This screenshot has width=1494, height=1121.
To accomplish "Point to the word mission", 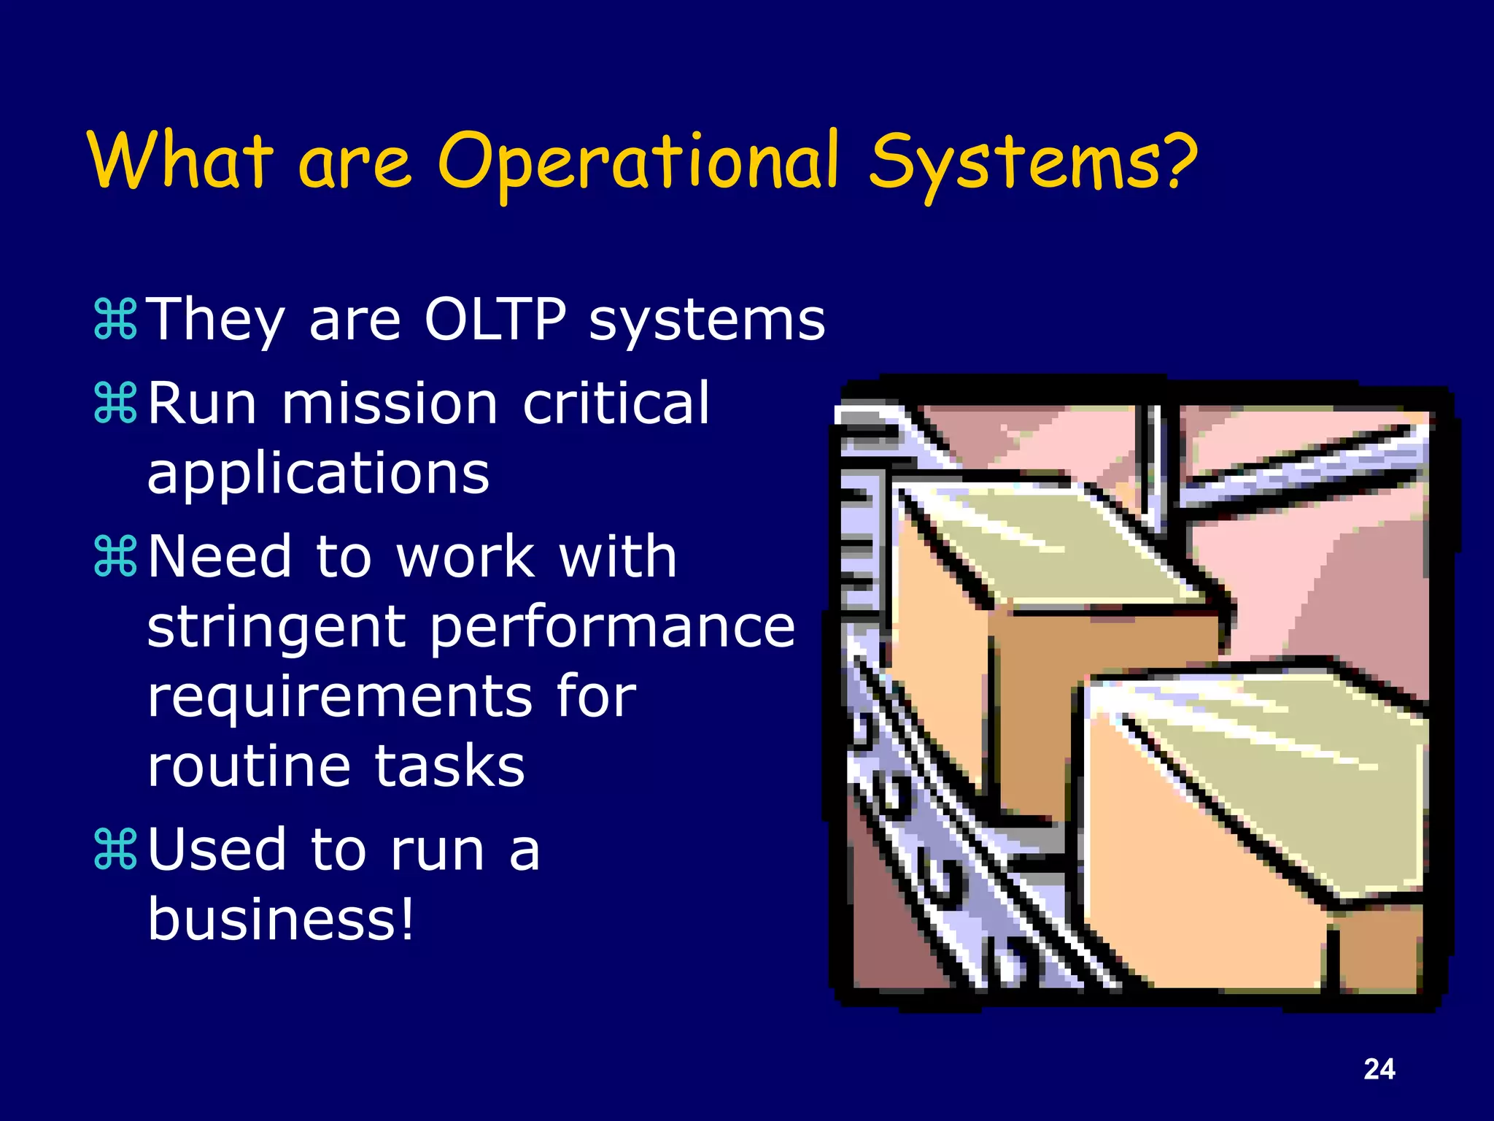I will tap(390, 404).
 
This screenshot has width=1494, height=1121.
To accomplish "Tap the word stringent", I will tap(276, 628).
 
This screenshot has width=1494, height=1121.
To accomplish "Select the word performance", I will tap(611, 628).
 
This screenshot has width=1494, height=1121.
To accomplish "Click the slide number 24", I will tap(1379, 1069).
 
